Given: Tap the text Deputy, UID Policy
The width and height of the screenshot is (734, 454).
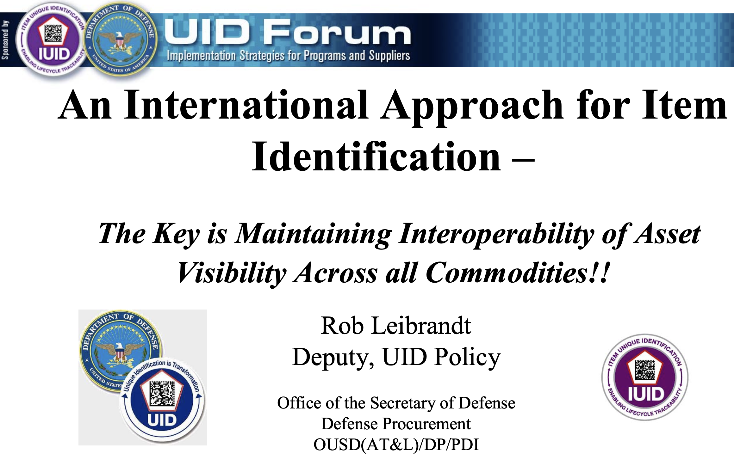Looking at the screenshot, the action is click(396, 358).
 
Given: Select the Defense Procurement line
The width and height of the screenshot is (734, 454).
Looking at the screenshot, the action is click(396, 424).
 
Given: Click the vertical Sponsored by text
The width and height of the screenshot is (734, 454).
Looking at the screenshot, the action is click(5, 40).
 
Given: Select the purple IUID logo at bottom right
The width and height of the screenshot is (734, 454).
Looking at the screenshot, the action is click(645, 377).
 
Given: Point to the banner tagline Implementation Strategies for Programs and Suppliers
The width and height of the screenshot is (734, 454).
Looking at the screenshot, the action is click(288, 56).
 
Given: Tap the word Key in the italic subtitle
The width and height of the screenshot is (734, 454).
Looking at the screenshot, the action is click(176, 235).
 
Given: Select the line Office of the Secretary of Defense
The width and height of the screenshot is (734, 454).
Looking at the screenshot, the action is click(396, 403).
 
